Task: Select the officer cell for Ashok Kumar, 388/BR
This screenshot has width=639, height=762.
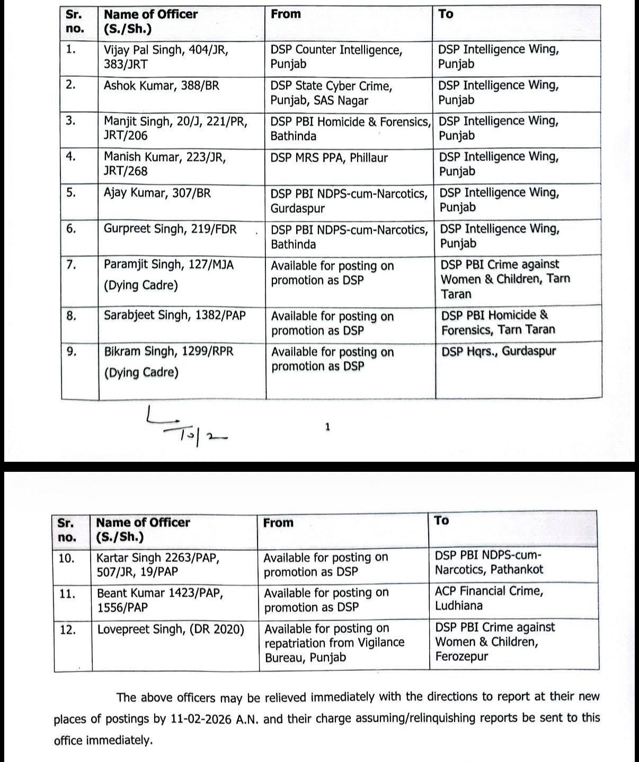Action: (x=161, y=86)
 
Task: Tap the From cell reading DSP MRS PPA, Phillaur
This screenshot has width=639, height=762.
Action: (x=329, y=158)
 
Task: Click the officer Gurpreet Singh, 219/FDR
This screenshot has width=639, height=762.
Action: (x=170, y=229)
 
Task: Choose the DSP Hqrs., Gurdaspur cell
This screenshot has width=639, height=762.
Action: (x=499, y=351)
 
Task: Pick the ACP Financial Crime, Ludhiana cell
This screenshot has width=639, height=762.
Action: (x=489, y=598)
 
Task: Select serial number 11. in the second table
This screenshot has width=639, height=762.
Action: (x=68, y=594)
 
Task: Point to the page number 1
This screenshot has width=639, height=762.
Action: (x=327, y=427)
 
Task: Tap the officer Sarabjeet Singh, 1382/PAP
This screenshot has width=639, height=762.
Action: (x=174, y=316)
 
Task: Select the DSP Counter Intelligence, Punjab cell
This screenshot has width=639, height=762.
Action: (x=336, y=57)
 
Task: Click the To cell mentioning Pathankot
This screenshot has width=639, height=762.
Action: (x=489, y=563)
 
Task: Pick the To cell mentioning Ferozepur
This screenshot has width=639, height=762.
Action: (x=494, y=642)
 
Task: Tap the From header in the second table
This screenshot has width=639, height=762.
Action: (x=278, y=523)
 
